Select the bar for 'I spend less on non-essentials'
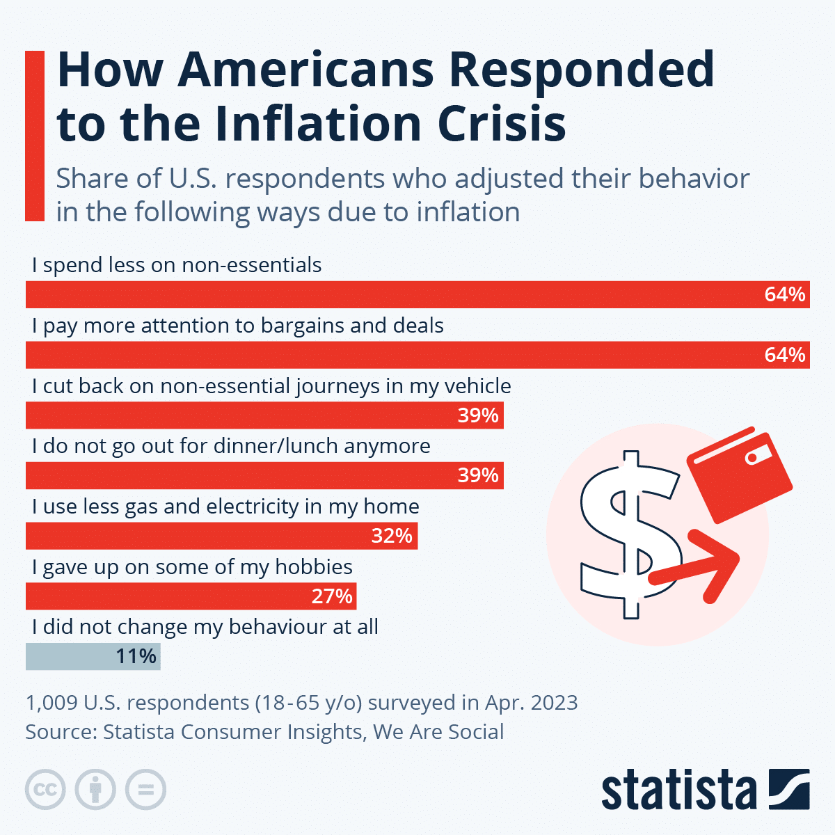[x=417, y=294]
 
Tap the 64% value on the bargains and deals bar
[x=784, y=355]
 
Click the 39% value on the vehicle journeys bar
[x=478, y=415]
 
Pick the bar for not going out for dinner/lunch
[x=264, y=476]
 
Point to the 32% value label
[x=392, y=536]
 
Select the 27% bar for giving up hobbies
[x=191, y=596]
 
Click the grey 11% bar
[x=93, y=657]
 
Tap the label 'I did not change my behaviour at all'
[x=205, y=627]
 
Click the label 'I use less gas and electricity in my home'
[x=225, y=507]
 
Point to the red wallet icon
[x=739, y=475]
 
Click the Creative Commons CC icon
[x=45, y=790]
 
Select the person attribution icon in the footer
[x=95, y=790]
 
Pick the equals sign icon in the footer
[x=146, y=790]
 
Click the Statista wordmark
[x=678, y=790]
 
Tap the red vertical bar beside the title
[x=35, y=136]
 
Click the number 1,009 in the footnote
[x=51, y=703]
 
